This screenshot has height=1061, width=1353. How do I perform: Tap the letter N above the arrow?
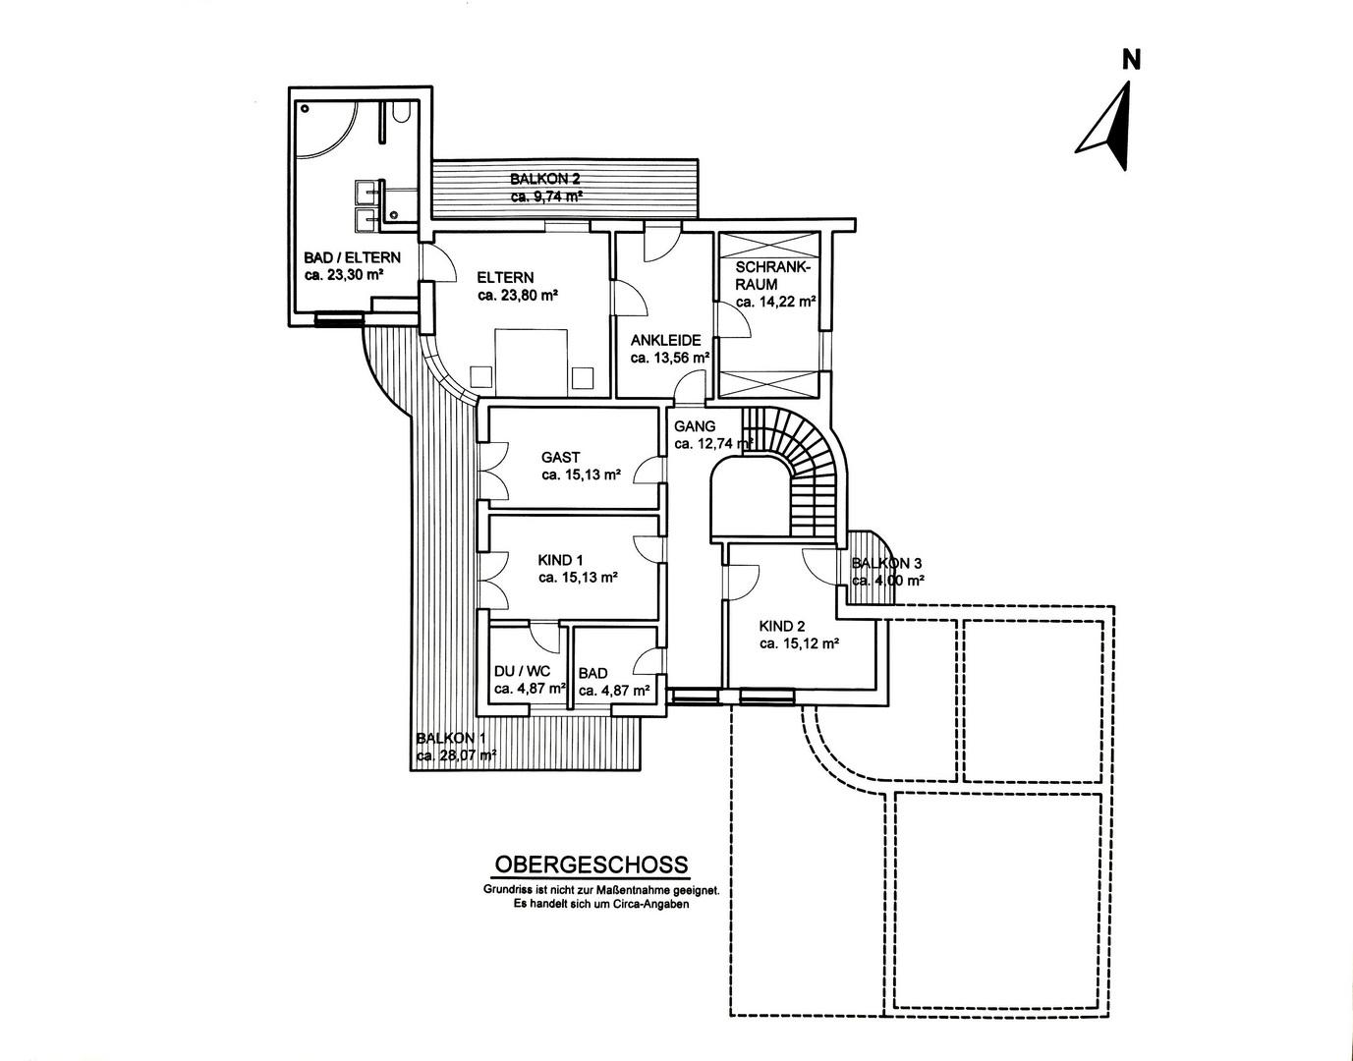pos(1131,60)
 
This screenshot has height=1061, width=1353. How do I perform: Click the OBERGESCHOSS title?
pos(591,866)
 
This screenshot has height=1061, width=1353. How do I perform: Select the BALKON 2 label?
pos(544,179)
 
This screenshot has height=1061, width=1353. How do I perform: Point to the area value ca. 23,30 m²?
pos(343,276)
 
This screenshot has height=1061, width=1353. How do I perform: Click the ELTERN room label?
pos(505,277)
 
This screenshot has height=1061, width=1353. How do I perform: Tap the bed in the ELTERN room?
pos(532,362)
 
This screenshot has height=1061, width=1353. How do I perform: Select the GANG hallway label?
pos(695,426)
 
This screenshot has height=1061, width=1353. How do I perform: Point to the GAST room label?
pos(560,457)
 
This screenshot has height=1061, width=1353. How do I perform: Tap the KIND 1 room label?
pos(561,560)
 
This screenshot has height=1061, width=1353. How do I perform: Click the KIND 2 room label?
pos(782,626)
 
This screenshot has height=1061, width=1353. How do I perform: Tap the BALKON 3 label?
pos(886,563)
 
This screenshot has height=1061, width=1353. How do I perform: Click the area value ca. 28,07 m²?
pos(456,755)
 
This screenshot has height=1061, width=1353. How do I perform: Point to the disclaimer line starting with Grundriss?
pos(601,890)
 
